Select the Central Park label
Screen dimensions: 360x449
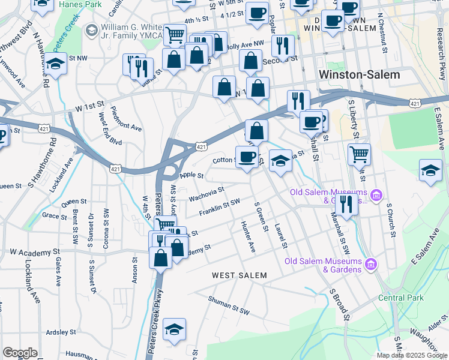click(x=401, y=298)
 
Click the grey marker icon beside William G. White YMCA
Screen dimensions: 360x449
click(x=92, y=29)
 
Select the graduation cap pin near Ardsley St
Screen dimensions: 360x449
click(x=174, y=329)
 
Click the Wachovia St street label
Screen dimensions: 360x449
click(x=206, y=193)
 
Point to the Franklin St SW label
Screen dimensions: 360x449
click(x=220, y=208)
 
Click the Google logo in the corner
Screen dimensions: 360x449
click(x=20, y=353)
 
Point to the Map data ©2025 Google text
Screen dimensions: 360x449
click(x=412, y=355)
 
